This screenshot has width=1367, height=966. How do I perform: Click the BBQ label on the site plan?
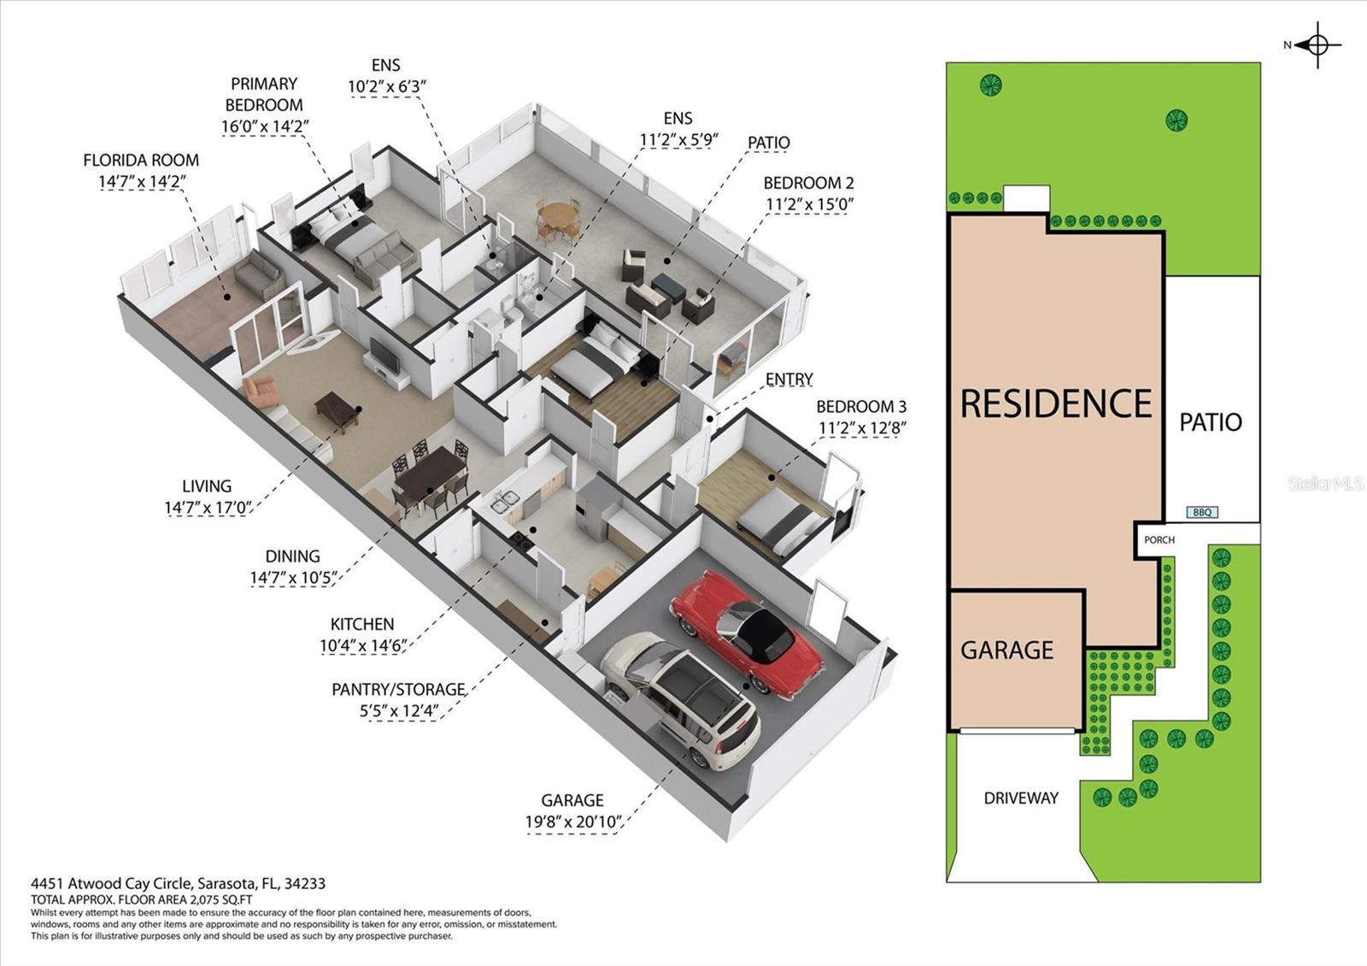click(1201, 512)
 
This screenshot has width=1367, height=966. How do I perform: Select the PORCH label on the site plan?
click(1159, 539)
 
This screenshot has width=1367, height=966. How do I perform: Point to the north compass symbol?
click(1317, 45)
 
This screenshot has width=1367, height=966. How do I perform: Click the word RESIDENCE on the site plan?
click(1056, 403)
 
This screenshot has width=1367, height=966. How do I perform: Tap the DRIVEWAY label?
click(1021, 798)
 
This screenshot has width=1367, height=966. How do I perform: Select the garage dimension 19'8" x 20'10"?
click(572, 822)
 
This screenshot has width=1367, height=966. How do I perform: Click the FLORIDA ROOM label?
click(141, 160)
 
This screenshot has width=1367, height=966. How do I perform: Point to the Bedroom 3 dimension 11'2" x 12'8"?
click(861, 427)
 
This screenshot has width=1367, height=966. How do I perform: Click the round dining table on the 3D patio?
click(557, 213)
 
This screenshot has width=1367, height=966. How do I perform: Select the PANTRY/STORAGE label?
click(398, 689)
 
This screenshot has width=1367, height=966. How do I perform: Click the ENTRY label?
click(789, 379)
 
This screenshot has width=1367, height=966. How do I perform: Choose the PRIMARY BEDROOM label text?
click(264, 94)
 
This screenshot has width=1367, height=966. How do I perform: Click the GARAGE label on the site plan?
click(1006, 650)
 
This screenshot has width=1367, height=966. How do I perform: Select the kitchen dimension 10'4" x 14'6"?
click(362, 645)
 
